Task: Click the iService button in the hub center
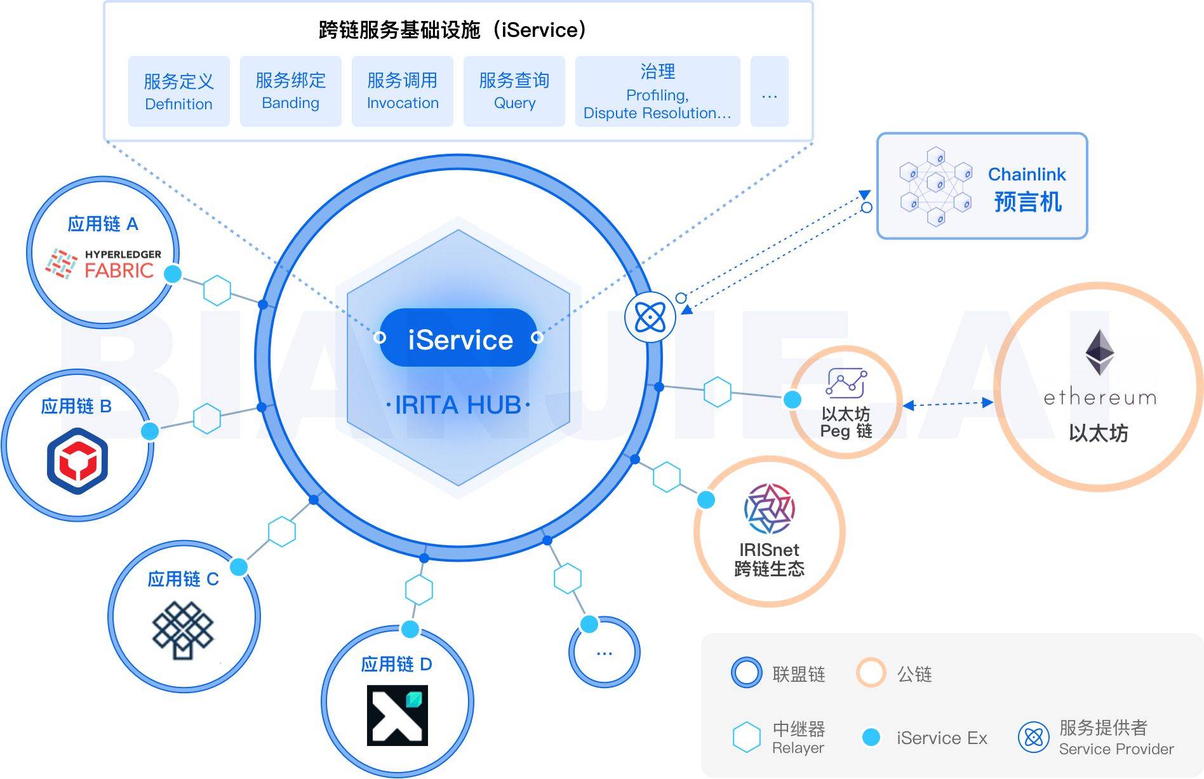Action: [459, 339]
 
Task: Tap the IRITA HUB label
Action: [458, 405]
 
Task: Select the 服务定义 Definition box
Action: [178, 91]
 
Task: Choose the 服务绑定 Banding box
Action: [290, 91]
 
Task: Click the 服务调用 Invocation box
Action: [402, 91]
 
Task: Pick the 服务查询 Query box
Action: [514, 91]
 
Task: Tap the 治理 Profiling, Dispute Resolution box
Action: [657, 91]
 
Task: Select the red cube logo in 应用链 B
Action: [77, 461]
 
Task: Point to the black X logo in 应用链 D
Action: [398, 715]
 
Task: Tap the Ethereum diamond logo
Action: [1099, 352]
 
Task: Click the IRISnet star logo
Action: [769, 508]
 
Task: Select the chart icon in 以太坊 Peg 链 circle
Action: [846, 383]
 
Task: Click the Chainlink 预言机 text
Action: [1027, 189]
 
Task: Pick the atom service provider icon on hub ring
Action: [650, 316]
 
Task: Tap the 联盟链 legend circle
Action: [746, 673]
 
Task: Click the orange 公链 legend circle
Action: [871, 673]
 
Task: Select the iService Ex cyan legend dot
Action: [871, 737]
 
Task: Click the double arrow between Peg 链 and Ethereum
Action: [947, 403]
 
